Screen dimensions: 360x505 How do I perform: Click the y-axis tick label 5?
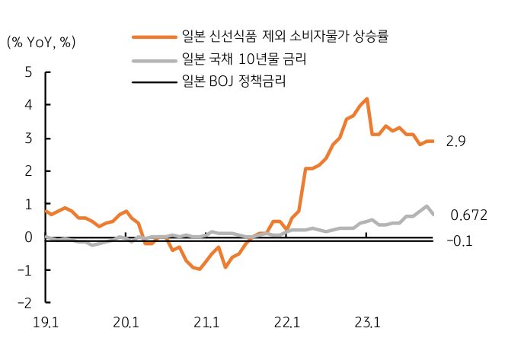tap(28, 73)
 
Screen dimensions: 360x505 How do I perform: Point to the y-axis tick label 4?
tap(28, 106)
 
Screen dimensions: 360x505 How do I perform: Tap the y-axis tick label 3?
tap(28, 139)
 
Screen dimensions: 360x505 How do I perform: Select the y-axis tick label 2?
tap(28, 171)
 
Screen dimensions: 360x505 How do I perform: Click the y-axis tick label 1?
tap(28, 204)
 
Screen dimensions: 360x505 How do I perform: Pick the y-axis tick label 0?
tap(28, 237)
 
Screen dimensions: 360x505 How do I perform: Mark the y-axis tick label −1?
tap(25, 270)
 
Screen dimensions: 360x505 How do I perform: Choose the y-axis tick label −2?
tap(25, 303)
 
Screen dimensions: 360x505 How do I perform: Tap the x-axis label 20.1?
tap(127, 323)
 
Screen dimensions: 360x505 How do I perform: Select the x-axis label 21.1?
tap(206, 323)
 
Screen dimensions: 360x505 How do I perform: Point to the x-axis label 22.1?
tap(286, 323)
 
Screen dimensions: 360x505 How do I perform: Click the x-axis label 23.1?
tap(366, 323)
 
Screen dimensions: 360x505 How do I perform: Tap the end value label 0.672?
tap(468, 215)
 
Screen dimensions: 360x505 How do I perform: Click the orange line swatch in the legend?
tap(154, 36)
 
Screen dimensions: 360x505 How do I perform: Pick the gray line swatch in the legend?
tap(154, 59)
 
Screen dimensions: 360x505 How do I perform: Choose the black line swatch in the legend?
tap(154, 81)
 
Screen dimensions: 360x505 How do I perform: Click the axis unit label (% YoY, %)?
tap(42, 43)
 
